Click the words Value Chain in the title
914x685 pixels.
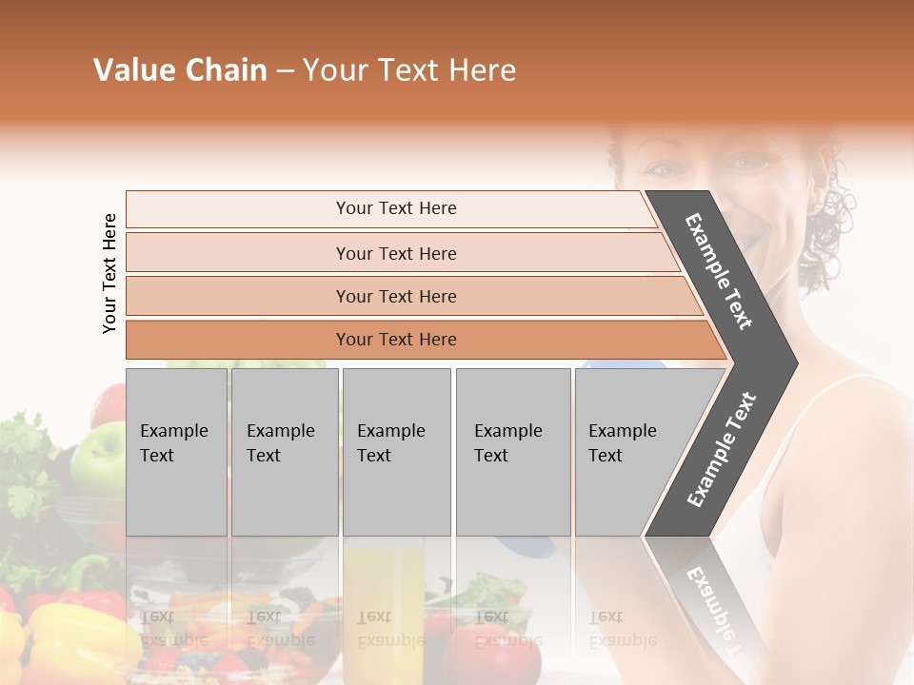coord(180,70)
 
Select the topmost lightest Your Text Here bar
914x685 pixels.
coord(395,208)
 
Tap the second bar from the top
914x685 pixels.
coord(395,253)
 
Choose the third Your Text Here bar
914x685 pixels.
coord(395,296)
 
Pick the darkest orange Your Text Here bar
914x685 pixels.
coord(395,340)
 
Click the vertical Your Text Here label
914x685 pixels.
coord(109,273)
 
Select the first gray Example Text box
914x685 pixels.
coord(176,452)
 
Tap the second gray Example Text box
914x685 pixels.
coord(284,452)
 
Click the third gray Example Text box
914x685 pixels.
coord(396,452)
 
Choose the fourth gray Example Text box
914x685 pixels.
coord(512,452)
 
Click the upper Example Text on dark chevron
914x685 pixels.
coord(720,272)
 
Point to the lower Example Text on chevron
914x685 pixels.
coord(722,449)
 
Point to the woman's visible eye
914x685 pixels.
coord(665,168)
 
